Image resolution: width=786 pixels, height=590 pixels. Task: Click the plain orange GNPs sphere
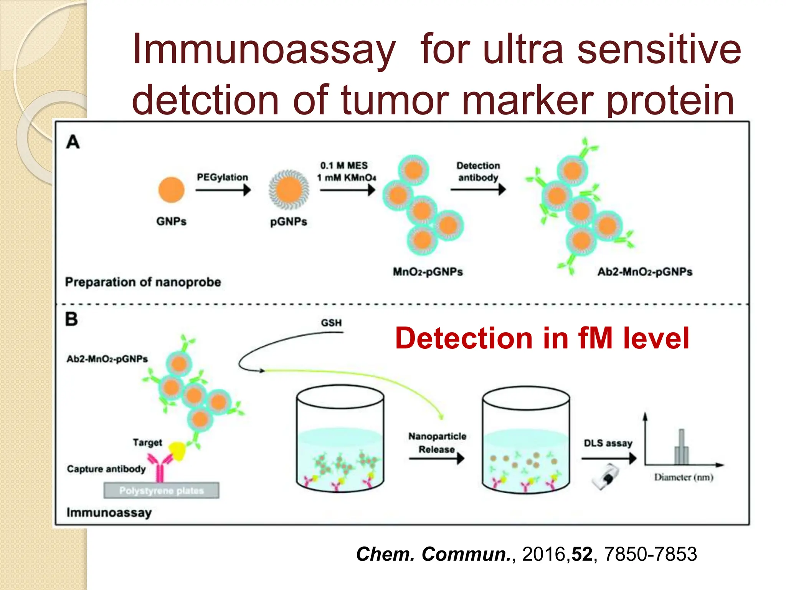pos(171,189)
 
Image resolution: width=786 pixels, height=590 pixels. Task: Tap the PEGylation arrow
pos(223,190)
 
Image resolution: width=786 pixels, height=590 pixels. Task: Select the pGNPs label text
pos(289,222)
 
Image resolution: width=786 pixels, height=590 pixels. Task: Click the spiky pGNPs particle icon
pos(289,190)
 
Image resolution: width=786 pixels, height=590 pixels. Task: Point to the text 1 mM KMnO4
pos(346,177)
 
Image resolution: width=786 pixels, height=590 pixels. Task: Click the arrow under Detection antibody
pos(478,189)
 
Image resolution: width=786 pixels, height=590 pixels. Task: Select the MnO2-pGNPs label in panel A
pos(428,272)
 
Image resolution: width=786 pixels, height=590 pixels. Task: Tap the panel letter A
pos(73,142)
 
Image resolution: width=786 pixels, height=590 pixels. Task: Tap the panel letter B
pos(71,319)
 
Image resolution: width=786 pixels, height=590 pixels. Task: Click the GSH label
pos(331,323)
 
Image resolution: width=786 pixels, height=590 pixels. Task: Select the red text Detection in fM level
pos(542,338)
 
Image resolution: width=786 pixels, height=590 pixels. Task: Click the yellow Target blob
pos(178,451)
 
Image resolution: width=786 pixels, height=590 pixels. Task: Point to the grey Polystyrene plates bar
pos(161,491)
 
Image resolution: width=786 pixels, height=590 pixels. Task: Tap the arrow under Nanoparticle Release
pos(436,458)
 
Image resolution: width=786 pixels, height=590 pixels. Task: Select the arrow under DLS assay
pos(609,458)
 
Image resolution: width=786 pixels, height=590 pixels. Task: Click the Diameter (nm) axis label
pos(684,477)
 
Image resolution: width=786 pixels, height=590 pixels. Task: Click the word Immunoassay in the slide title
pos(264,50)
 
